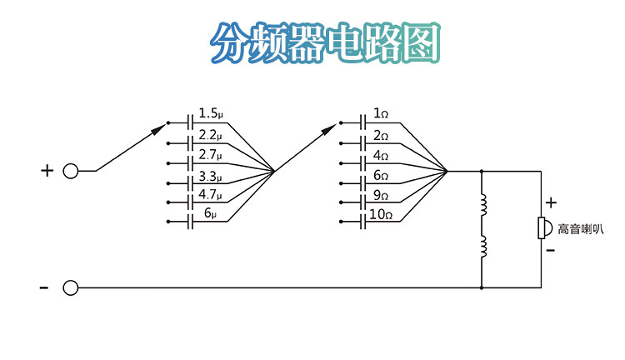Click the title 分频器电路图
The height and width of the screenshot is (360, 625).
(325, 42)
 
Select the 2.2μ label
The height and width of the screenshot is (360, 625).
(210, 134)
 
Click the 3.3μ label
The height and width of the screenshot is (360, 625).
(210, 176)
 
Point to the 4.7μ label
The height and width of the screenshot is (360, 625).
(210, 196)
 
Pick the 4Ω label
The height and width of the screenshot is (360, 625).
(381, 155)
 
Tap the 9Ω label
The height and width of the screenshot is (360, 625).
(381, 196)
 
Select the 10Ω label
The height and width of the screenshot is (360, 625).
(381, 215)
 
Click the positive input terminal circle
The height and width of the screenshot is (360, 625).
(71, 171)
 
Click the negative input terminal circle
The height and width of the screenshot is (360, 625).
(71, 287)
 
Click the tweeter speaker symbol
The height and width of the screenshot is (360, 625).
(542, 227)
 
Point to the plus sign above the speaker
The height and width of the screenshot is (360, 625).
(551, 202)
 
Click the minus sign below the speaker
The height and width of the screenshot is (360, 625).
(551, 250)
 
